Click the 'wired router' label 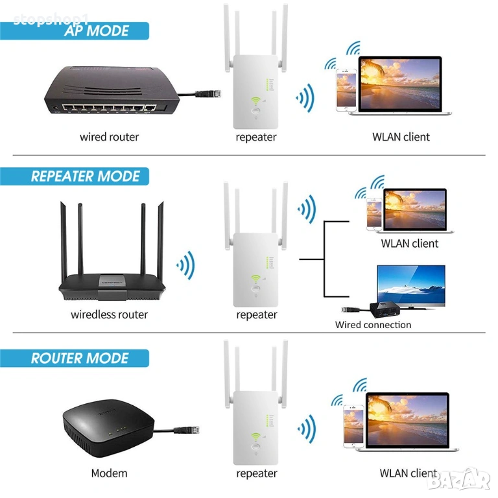coord(109,137)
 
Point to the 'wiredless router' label coord(109,314)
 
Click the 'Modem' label coord(109,473)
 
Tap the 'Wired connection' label coord(373,325)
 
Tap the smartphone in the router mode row coord(353,424)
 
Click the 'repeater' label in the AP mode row coord(256,137)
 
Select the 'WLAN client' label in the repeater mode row coord(409,244)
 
